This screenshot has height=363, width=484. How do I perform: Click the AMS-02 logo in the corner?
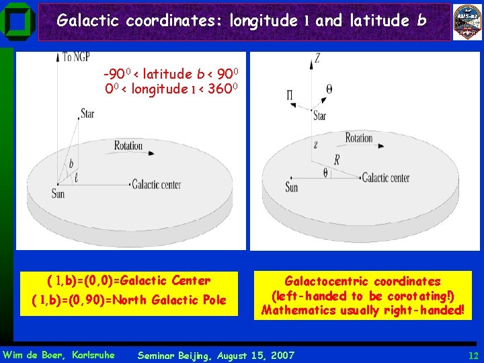pyautogui.click(x=467, y=22)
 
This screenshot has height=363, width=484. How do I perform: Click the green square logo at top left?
pyautogui.click(x=19, y=22)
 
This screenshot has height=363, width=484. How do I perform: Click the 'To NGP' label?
pyautogui.click(x=77, y=58)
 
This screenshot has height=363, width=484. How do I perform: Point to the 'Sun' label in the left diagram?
pyautogui.click(x=58, y=194)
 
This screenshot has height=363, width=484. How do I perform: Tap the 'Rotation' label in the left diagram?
pyautogui.click(x=128, y=145)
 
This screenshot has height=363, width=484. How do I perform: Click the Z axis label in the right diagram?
pyautogui.click(x=317, y=58)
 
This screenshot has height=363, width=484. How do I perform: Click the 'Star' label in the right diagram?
pyautogui.click(x=319, y=116)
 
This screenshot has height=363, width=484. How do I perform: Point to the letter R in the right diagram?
pyautogui.click(x=337, y=160)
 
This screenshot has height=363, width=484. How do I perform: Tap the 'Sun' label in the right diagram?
pyautogui.click(x=291, y=187)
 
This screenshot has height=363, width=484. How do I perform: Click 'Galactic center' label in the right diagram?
pyautogui.click(x=385, y=178)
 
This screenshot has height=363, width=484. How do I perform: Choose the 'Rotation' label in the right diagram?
pyautogui.click(x=358, y=138)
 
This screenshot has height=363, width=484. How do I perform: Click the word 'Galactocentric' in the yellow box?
pyautogui.click(x=327, y=281)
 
